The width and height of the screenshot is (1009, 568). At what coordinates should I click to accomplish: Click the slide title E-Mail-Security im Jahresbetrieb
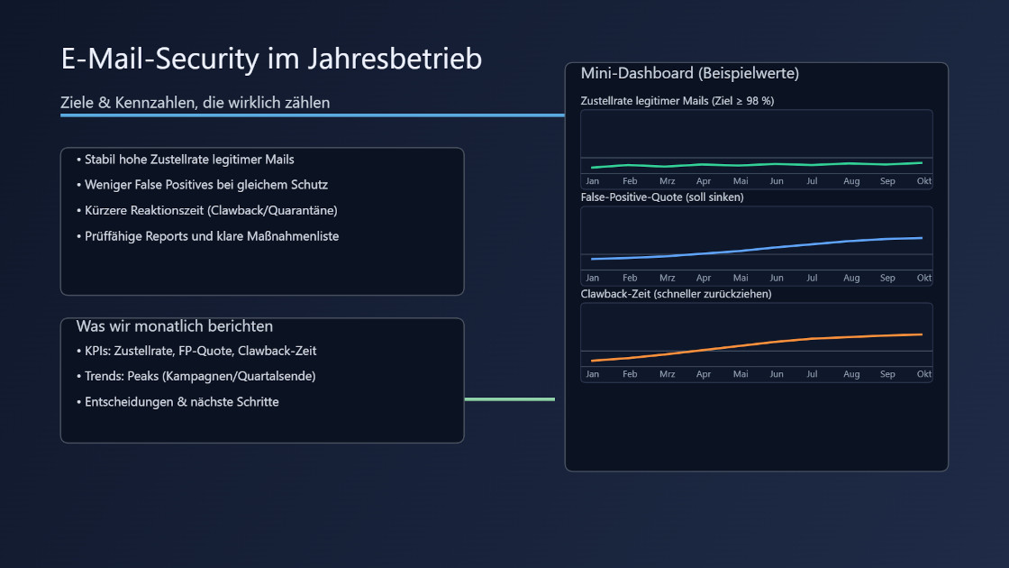(271, 59)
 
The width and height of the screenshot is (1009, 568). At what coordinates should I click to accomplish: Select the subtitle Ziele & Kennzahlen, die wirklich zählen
(195, 103)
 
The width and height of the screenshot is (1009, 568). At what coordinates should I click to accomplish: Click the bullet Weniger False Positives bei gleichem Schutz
(205, 185)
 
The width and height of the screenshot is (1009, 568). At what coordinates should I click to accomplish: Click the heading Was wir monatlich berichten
(174, 326)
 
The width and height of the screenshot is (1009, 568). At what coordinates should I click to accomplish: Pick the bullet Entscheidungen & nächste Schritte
(181, 402)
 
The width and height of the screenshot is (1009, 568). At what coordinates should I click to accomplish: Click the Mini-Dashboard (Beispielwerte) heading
(689, 73)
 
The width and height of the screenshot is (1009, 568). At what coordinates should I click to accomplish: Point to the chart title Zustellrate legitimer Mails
(677, 101)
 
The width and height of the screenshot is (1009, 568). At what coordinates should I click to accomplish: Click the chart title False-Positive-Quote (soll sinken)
(662, 197)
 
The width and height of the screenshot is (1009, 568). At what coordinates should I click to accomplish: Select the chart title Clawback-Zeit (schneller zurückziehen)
(676, 294)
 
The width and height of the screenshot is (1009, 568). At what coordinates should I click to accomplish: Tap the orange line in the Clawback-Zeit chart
(775, 342)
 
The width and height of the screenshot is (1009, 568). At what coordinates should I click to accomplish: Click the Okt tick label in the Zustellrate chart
(923, 181)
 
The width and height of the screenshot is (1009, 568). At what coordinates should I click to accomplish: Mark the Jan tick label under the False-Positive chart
(592, 278)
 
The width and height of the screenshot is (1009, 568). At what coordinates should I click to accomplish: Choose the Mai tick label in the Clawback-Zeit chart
(741, 374)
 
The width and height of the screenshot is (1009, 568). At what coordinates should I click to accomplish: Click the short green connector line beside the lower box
(509, 399)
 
